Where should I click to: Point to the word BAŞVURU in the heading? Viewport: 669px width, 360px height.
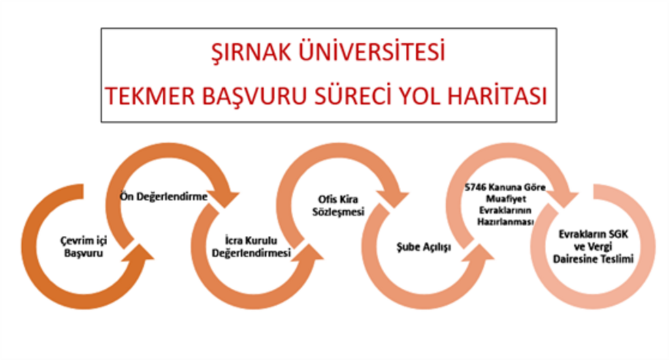point(254,95)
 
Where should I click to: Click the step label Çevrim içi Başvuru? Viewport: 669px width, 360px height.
point(84,246)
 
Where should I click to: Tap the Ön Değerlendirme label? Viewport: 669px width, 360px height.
point(163,196)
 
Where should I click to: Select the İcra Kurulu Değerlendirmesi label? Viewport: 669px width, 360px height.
point(252,246)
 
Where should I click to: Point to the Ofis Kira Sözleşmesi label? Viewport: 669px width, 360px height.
point(338,206)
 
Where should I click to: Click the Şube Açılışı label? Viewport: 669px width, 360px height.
point(423,247)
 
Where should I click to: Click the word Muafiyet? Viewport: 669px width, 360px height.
point(506,199)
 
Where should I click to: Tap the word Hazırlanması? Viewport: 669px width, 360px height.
point(506,221)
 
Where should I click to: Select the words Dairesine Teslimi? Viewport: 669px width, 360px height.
point(593,259)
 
